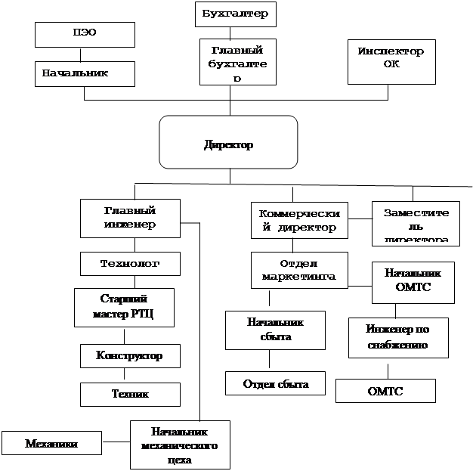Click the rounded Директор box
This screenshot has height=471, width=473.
(227, 142)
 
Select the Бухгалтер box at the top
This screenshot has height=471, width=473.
(236, 14)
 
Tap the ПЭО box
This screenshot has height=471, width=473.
(85, 34)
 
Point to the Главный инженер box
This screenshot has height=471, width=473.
(129, 218)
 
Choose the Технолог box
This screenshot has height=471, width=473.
(130, 264)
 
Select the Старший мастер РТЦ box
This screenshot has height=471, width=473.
(124, 307)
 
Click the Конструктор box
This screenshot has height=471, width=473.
(130, 355)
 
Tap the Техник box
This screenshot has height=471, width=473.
(130, 394)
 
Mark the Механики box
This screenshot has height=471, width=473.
(51, 442)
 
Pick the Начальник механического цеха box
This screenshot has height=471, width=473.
(179, 445)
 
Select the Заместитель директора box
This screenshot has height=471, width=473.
(415, 222)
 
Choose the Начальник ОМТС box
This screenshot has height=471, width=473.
(413, 280)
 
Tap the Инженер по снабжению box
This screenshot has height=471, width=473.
(397, 337)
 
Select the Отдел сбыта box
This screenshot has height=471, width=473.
(275, 383)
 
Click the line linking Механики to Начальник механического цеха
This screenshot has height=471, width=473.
(116, 442)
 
